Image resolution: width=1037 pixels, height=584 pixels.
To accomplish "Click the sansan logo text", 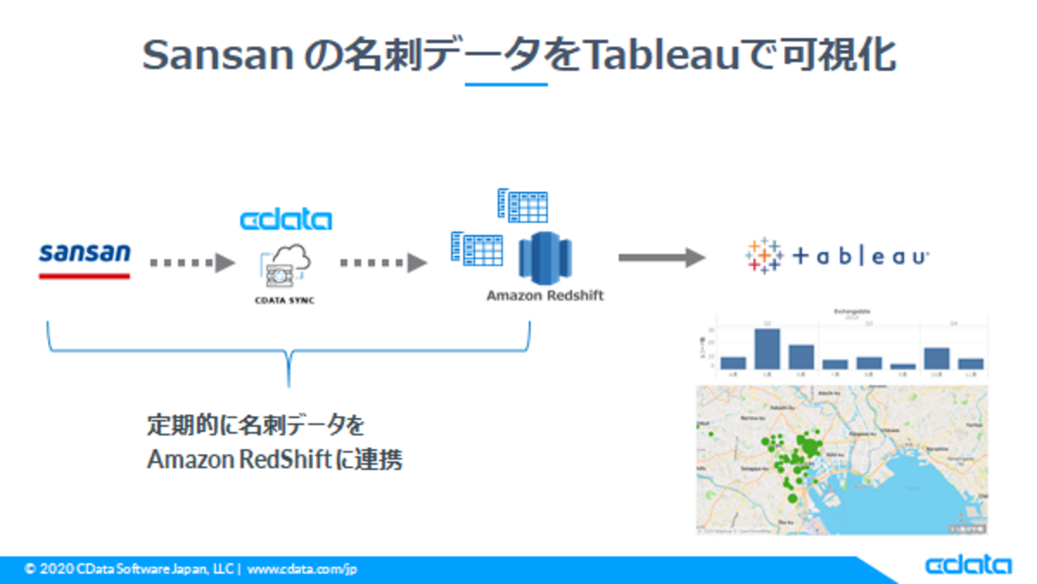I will click(85, 254).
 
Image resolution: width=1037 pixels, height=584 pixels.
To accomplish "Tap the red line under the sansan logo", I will click(85, 276).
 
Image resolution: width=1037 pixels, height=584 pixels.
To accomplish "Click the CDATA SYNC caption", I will click(284, 301).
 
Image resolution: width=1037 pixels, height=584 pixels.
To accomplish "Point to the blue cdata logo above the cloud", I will click(286, 219).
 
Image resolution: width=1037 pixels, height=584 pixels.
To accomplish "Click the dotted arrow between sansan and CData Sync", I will click(192, 262).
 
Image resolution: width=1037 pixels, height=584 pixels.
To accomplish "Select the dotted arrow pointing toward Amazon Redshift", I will click(383, 262).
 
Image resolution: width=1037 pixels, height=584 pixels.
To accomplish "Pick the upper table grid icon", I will click(523, 205).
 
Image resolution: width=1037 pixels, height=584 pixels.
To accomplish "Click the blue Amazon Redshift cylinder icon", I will click(545, 257).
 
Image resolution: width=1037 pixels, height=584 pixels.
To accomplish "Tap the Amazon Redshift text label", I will click(545, 295).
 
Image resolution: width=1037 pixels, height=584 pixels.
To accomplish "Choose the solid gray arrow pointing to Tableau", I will click(662, 257).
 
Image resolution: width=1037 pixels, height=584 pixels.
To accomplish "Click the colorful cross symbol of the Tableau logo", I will click(764, 256).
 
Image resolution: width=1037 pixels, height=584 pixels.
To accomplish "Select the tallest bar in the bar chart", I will click(766, 349).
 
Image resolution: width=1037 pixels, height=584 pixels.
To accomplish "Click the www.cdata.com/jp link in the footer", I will click(302, 569).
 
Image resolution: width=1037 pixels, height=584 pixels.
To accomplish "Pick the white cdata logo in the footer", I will click(968, 565).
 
